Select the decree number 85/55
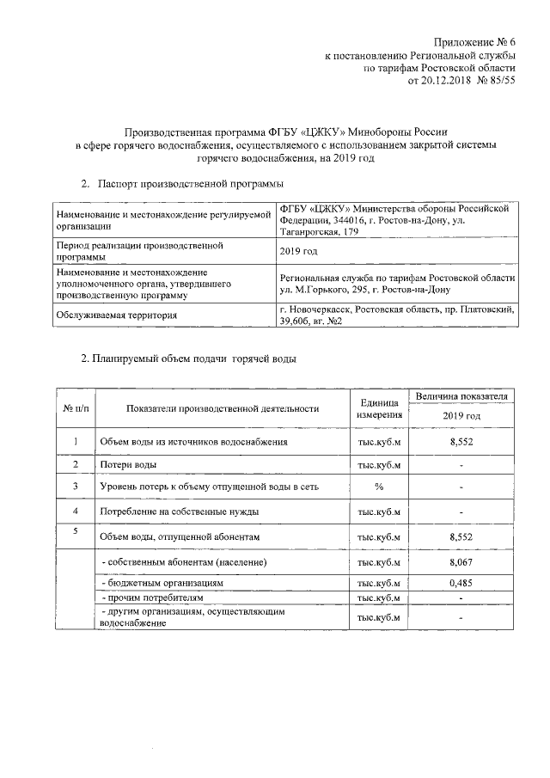coord(500,80)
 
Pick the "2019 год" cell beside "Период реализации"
coord(299,251)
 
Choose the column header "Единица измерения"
coord(379,408)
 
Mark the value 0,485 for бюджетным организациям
coord(461,582)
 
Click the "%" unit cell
coord(379,487)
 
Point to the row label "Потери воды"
coord(128,464)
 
